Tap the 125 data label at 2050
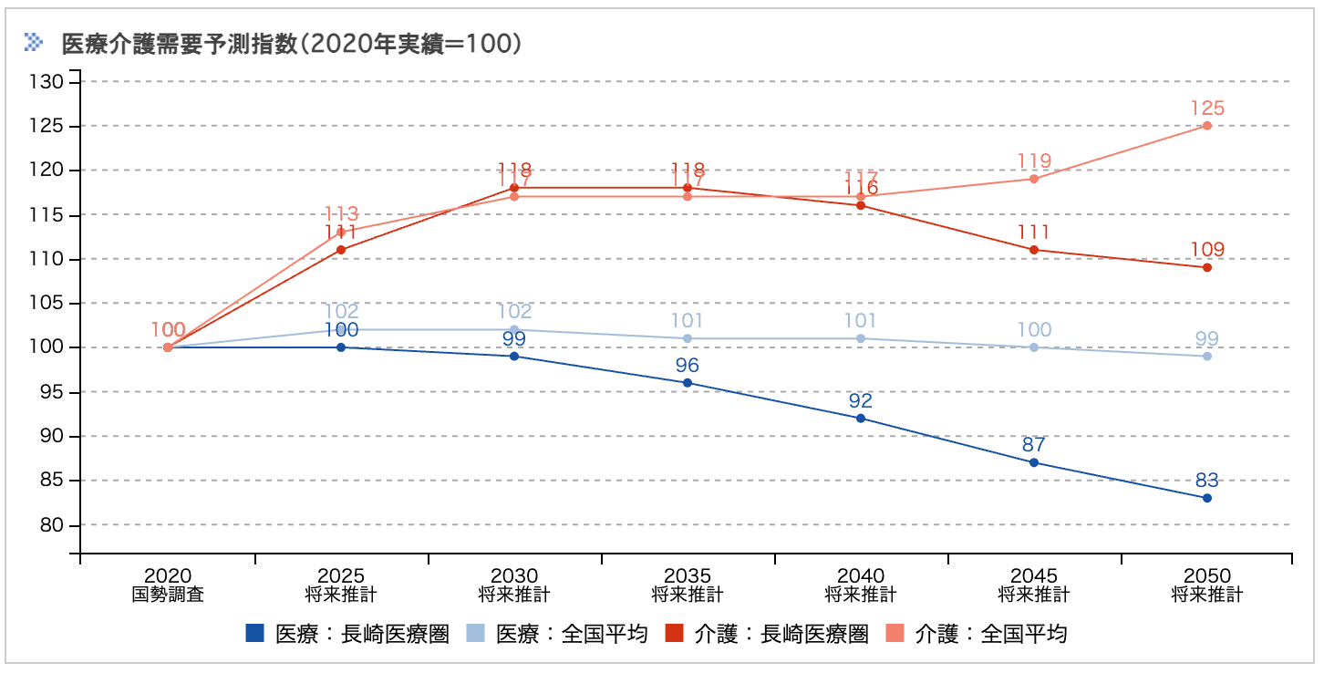point(1206,108)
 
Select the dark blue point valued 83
point(1206,498)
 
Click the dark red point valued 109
point(1206,267)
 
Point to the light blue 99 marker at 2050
point(1206,356)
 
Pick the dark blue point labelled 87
point(1033,462)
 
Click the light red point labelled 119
point(1033,179)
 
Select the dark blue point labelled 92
point(860,419)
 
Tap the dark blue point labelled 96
point(687,383)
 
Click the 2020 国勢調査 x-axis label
point(168,585)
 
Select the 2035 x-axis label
point(687,585)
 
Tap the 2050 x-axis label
point(1206,585)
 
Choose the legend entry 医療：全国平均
point(557,634)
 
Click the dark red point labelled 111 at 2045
point(1033,250)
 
